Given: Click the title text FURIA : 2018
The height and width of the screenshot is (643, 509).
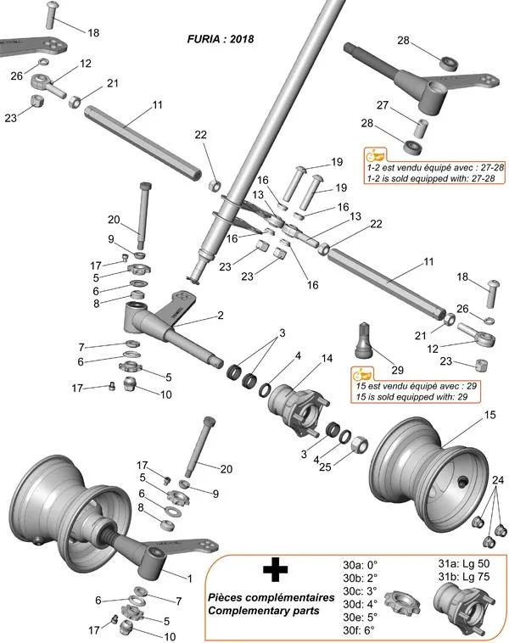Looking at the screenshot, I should click(221, 38).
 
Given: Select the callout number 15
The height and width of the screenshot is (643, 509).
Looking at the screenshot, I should click(489, 415).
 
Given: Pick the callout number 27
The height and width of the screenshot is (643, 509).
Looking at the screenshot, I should click(383, 105).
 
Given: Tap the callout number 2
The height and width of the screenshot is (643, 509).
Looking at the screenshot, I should click(220, 315).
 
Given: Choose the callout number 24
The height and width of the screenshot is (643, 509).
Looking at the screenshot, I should click(497, 482).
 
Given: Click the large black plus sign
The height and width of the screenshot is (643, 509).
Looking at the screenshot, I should click(272, 571).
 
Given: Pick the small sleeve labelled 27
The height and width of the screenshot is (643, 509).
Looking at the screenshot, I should click(419, 126).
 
